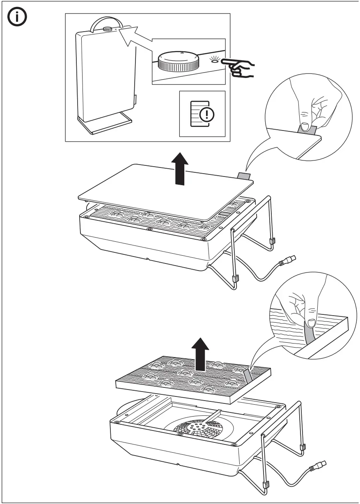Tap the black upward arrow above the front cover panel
179,168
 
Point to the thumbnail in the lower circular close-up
311,322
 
